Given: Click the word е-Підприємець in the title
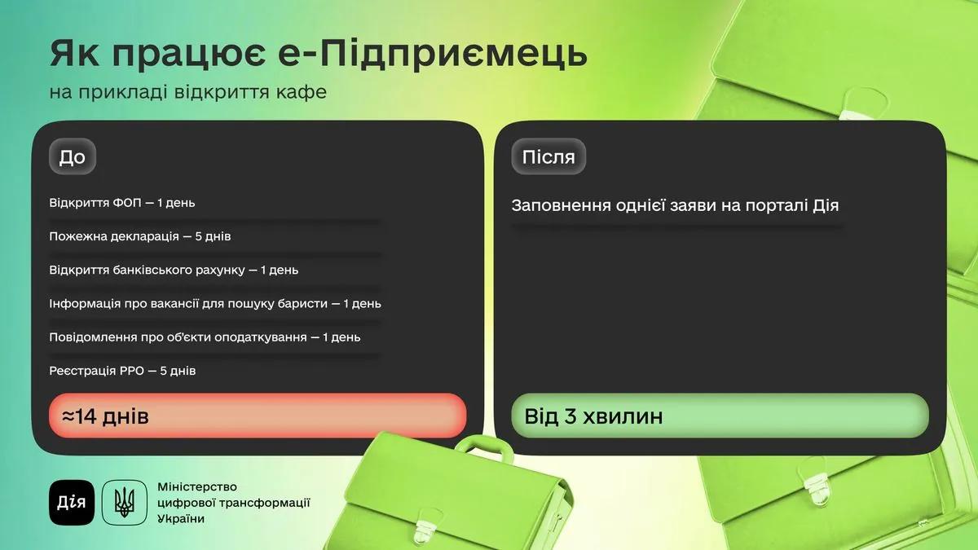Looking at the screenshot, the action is (432, 53).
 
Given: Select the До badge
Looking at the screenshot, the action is (73, 156).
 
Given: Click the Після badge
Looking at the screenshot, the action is (548, 156).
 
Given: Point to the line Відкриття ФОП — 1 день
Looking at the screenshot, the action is (121, 203).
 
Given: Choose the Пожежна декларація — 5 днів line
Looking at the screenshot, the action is (139, 236).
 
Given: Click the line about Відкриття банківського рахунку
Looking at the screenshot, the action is (174, 271).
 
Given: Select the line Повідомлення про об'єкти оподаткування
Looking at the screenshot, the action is (205, 337).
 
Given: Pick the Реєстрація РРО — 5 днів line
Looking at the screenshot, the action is (122, 371).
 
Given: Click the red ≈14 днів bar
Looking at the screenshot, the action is (258, 416).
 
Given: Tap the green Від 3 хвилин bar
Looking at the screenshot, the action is (720, 416).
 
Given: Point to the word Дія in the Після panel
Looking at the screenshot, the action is (826, 205).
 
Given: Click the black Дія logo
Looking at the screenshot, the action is (72, 503).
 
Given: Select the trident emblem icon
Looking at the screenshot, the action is (125, 503).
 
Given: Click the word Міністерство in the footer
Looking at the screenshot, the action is (197, 486).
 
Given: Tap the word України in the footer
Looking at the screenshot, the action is (181, 519).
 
